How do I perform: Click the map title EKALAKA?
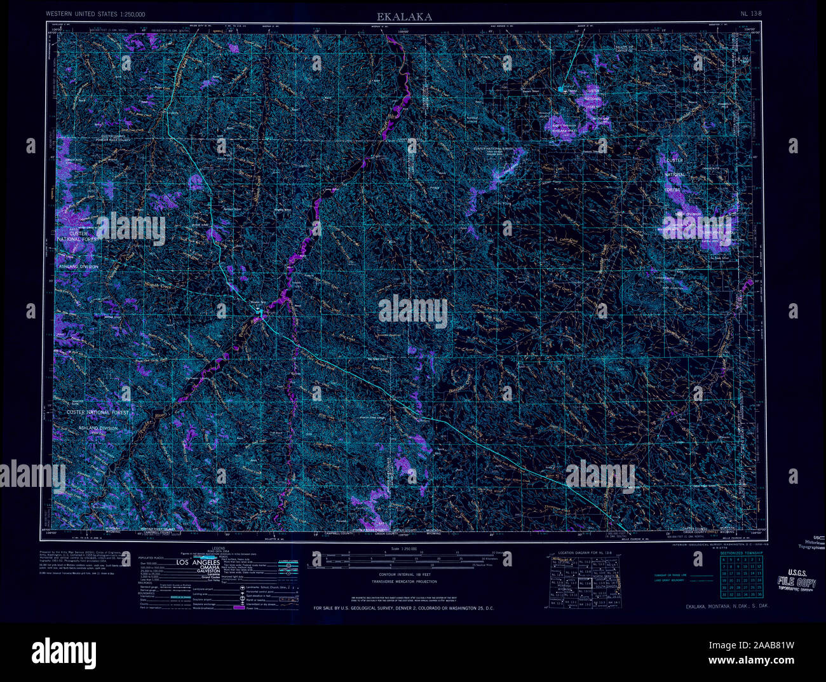(x=404, y=17)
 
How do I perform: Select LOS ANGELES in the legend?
(x=198, y=563)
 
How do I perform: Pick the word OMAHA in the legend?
(x=198, y=569)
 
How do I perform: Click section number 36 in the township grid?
(x=759, y=595)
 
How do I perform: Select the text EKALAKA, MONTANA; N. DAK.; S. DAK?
(x=726, y=606)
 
